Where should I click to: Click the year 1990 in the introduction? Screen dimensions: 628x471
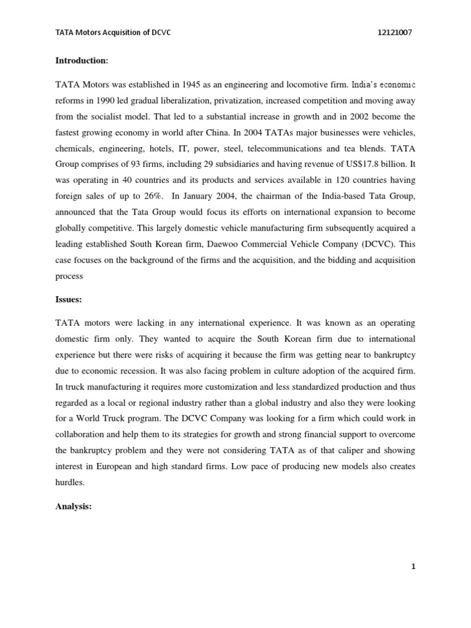click(105, 99)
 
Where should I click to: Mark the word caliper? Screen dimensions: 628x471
click(344, 450)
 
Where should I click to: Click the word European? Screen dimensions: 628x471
click(112, 466)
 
